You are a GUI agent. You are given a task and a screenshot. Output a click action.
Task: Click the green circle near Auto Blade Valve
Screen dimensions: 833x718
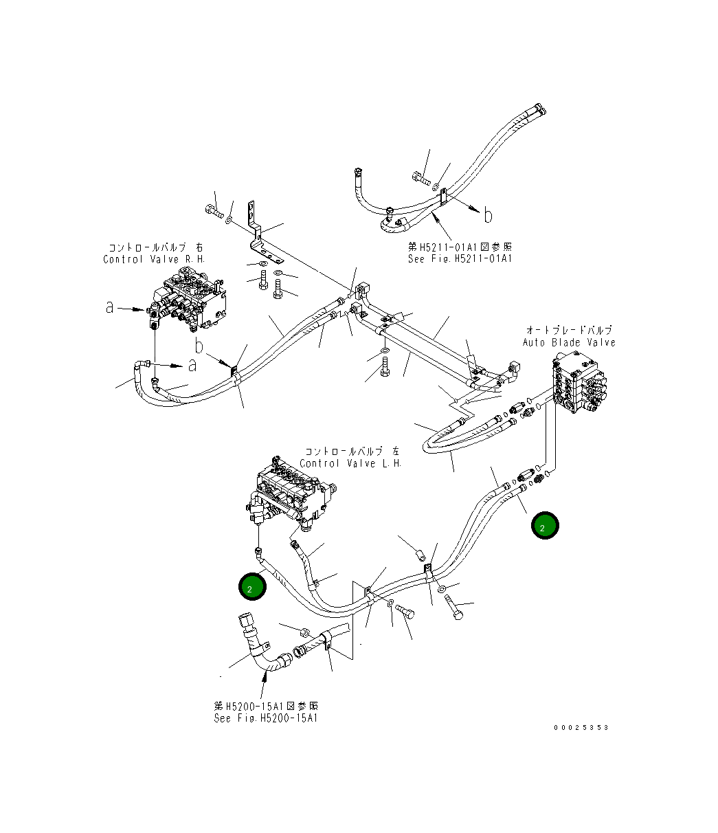(544, 526)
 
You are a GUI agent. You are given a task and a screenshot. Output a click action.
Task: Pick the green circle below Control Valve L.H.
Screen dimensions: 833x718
(251, 588)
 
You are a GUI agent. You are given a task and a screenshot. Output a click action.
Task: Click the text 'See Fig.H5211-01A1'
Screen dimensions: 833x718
(460, 259)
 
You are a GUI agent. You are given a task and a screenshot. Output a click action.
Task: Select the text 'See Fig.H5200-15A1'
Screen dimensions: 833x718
(265, 718)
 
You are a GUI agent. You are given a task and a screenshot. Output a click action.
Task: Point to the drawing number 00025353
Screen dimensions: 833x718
(581, 728)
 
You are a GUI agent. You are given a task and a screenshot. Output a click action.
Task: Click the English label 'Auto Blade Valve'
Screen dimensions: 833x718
(569, 342)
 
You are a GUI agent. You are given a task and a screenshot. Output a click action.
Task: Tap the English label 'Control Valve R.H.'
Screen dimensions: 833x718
(154, 259)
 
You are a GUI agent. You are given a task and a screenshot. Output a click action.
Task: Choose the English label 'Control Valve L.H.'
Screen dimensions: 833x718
(350, 463)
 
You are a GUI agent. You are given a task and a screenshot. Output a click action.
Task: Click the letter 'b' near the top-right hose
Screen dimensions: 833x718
(487, 216)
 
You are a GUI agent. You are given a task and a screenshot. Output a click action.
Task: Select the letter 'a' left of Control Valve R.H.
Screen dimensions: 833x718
(110, 308)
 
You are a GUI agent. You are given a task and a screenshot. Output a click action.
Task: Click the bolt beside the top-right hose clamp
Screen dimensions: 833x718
(420, 179)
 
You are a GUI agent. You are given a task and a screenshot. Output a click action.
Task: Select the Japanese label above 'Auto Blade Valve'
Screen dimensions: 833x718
(569, 331)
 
